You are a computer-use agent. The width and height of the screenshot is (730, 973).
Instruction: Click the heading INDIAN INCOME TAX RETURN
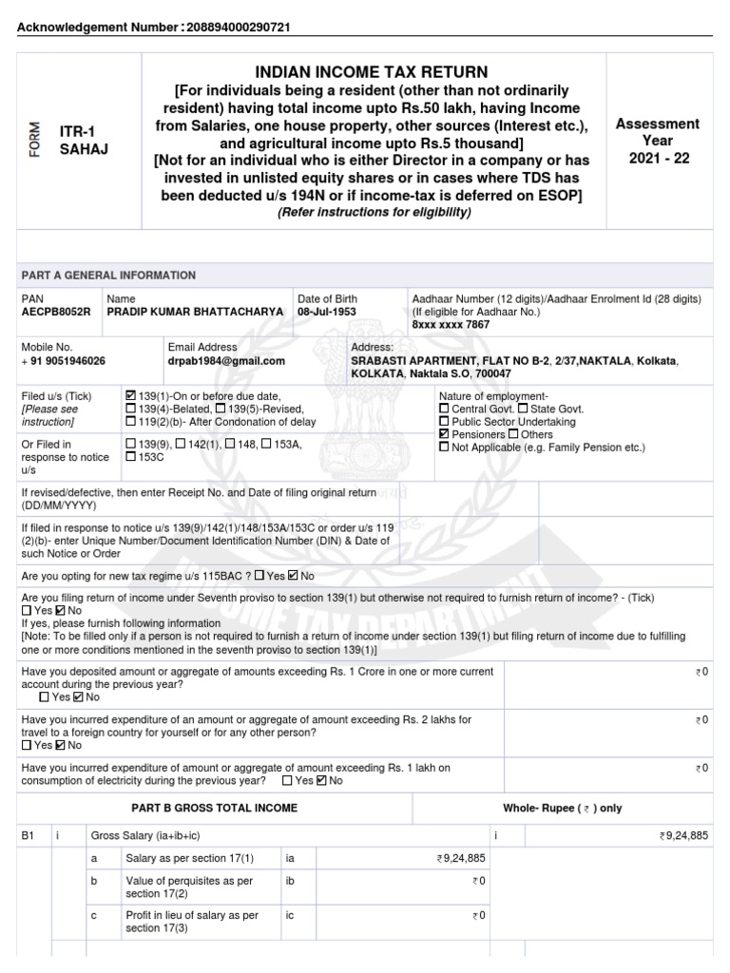[x=372, y=72]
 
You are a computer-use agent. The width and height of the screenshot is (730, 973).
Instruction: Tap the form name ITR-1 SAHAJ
[x=78, y=142]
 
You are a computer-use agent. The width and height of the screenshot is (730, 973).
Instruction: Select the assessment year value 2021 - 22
[x=658, y=158]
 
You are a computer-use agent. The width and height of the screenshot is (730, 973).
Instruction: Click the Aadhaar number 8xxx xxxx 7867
[x=451, y=325]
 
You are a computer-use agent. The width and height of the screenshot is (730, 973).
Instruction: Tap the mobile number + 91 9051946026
[x=64, y=361]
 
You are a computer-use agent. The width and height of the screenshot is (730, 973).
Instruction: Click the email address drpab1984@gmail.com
[x=226, y=361]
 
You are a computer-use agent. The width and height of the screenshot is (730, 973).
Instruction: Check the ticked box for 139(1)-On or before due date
[x=130, y=395]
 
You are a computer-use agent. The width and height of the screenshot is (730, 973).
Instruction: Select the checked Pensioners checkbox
[x=444, y=434]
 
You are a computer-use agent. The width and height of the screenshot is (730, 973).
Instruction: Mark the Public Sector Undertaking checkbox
[x=444, y=422]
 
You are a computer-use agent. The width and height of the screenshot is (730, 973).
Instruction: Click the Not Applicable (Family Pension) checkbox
[x=444, y=448]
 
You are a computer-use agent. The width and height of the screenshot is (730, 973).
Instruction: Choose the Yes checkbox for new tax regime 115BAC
[x=260, y=576]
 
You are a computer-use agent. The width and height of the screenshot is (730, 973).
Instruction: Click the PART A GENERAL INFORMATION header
[x=108, y=276]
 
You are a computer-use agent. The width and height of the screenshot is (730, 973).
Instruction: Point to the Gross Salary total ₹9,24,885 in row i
[x=683, y=836]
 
